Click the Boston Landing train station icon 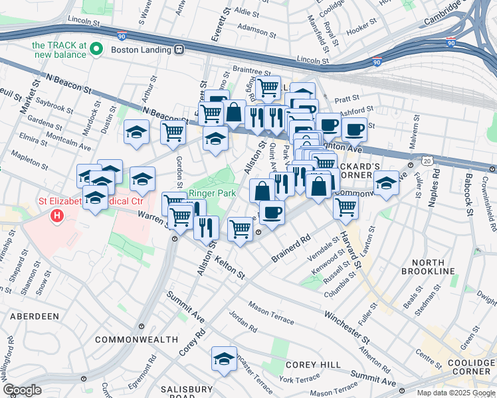pos(179,50)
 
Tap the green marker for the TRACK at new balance pos(96,49)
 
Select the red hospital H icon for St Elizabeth pos(58,216)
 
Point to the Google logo pos(23,390)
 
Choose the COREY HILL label pos(313,365)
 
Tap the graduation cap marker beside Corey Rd pos(225,359)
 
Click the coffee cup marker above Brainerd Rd pos(271,212)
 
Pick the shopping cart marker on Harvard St pos(346,207)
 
